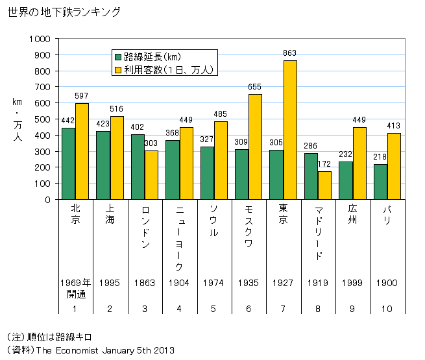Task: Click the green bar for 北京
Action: point(68,163)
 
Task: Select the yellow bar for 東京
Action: point(289,130)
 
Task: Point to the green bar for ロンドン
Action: point(138,167)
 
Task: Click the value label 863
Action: point(290,53)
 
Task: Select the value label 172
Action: point(324,165)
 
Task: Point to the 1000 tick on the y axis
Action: point(40,39)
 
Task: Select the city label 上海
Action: point(110,215)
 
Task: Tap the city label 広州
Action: point(352,215)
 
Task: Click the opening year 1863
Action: point(144,283)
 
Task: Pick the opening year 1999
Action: point(352,283)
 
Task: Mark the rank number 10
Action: point(387,308)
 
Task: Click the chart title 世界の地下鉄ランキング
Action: point(64,12)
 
